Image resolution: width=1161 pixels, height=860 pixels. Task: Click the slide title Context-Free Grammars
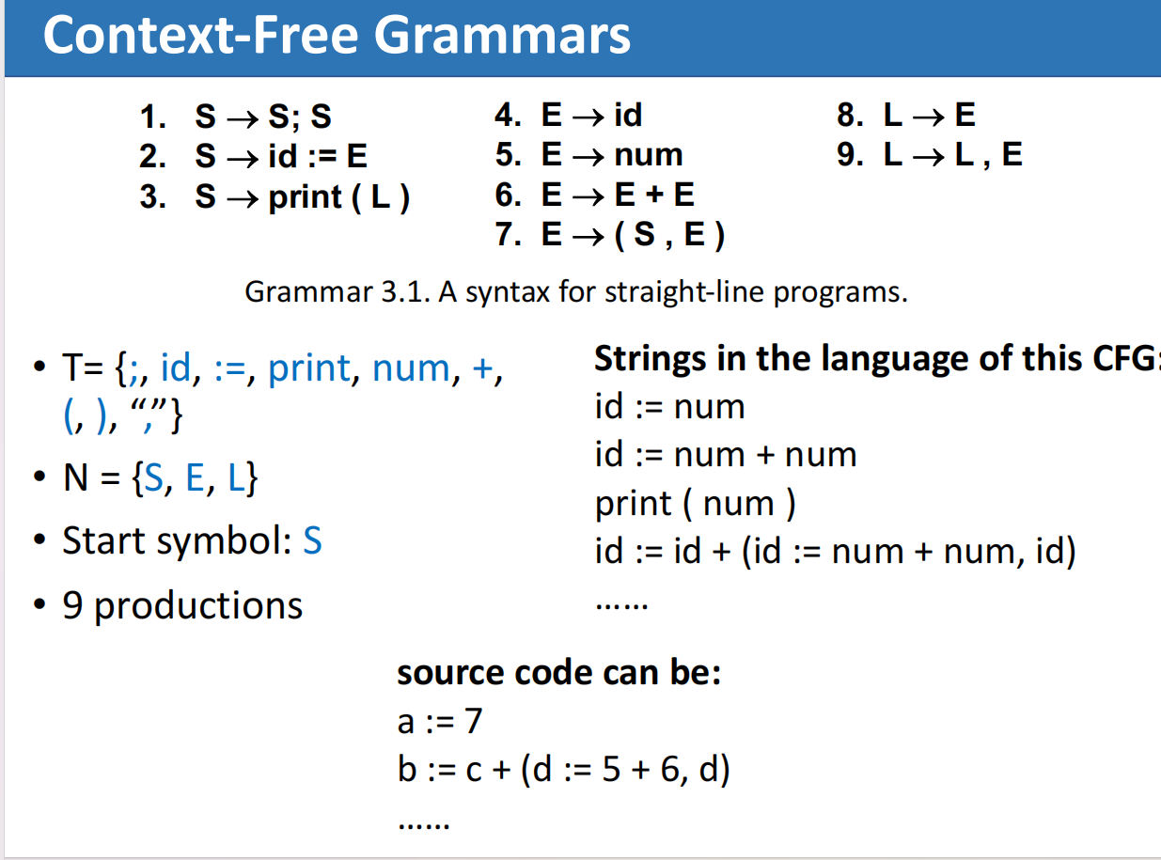click(337, 36)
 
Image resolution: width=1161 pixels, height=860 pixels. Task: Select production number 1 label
click(152, 117)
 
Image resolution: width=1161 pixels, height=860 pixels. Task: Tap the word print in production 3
click(306, 197)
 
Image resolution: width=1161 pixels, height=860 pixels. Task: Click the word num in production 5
click(649, 155)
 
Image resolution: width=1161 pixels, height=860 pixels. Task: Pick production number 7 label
click(507, 235)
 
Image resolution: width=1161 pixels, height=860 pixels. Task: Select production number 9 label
click(849, 155)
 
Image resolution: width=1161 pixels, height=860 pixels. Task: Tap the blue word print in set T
click(309, 368)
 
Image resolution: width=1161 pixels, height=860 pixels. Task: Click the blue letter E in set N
click(195, 479)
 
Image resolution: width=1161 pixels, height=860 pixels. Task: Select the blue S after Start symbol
click(312, 541)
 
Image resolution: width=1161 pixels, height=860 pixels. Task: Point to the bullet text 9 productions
click(182, 605)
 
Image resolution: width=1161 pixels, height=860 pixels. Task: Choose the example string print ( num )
click(696, 504)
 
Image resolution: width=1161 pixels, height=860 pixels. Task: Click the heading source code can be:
click(558, 673)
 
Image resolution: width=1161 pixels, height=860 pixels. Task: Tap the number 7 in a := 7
click(472, 722)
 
